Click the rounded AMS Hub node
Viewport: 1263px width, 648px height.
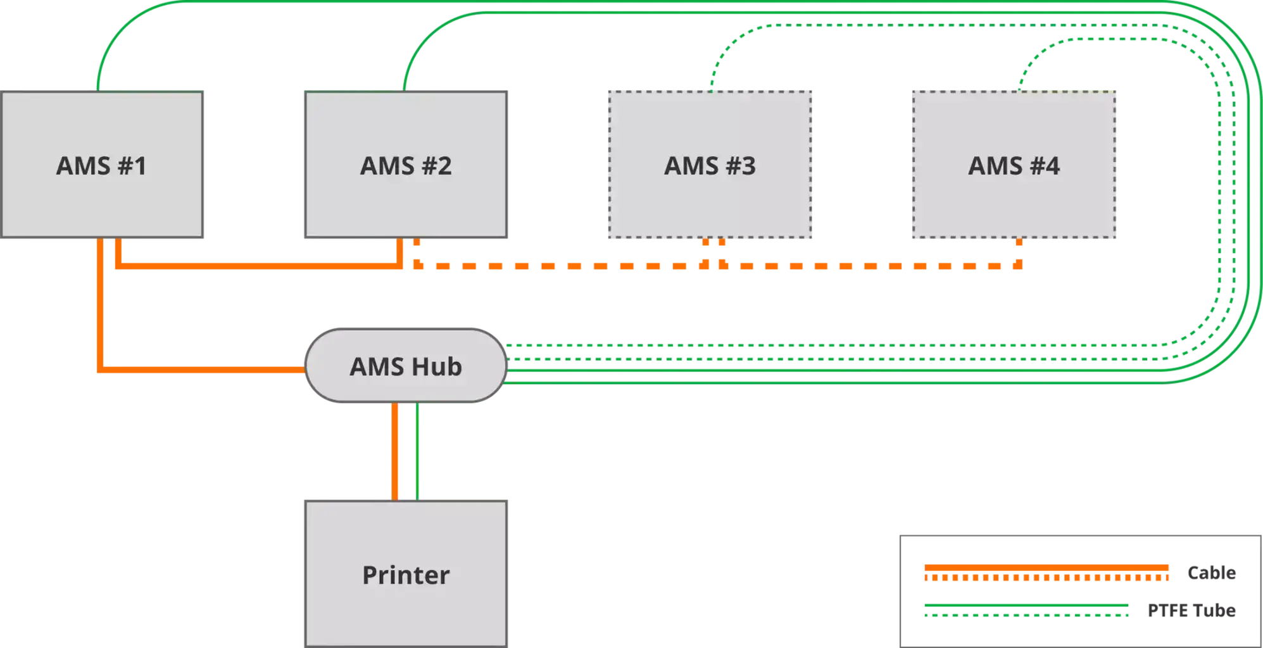click(405, 365)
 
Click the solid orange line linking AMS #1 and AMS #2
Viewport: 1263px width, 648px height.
click(253, 265)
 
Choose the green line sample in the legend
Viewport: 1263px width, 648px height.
click(1026, 611)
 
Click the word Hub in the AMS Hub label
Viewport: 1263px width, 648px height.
click(437, 366)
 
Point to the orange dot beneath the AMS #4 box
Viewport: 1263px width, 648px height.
click(1019, 244)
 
